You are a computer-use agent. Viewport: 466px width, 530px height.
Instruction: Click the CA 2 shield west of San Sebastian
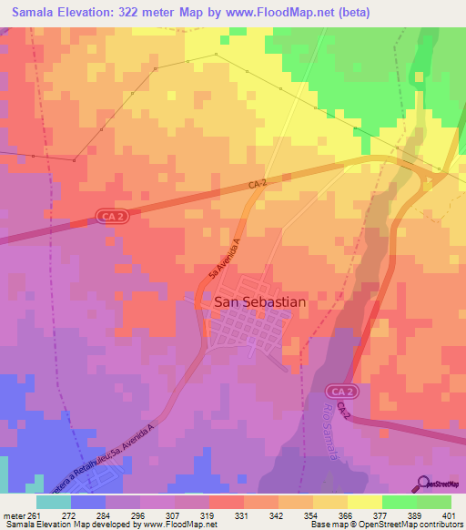tap(110, 216)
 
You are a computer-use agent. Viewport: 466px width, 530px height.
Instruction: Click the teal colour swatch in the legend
tap(53, 502)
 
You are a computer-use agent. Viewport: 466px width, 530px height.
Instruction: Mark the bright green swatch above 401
tap(434, 502)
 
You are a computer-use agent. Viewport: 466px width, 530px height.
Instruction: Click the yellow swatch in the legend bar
tap(365, 502)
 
